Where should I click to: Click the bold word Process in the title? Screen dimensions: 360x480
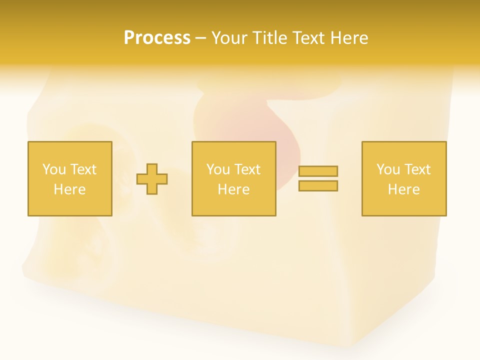tap(157, 38)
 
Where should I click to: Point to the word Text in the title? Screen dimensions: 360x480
tap(309, 38)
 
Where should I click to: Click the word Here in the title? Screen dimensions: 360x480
tap(349, 38)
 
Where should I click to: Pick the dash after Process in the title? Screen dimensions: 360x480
tap(200, 38)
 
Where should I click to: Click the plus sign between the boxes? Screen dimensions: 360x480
tap(152, 179)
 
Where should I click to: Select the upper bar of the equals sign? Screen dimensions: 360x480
tap(318, 171)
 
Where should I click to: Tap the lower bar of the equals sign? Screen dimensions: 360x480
tap(318, 186)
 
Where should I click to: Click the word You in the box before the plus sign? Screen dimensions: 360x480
tap(53, 169)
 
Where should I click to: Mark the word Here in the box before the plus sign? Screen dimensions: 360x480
tap(69, 189)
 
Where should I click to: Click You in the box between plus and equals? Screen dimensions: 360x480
tap(217, 169)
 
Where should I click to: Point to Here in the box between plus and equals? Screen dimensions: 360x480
tap(233, 189)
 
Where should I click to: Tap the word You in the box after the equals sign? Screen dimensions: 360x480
tap(387, 169)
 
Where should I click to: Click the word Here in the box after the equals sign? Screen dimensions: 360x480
tap(403, 189)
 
